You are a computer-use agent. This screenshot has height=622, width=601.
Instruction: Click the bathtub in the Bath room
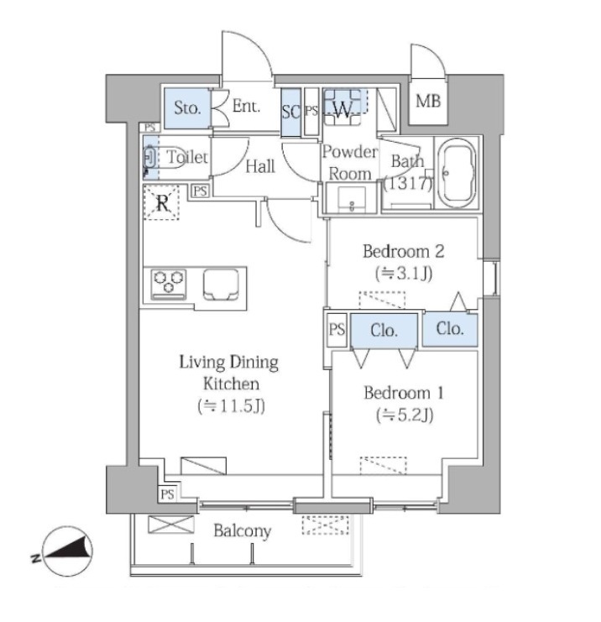point(458,174)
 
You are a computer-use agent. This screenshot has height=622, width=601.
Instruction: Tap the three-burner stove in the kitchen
point(169,284)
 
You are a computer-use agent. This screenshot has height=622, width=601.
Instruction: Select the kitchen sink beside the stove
point(222,284)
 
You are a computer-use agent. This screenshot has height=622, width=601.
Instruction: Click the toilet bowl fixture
point(164,158)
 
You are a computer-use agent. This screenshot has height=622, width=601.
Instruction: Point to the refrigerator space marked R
point(161,202)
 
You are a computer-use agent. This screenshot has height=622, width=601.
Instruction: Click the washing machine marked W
point(342,107)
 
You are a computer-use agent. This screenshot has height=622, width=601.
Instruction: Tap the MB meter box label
point(428,102)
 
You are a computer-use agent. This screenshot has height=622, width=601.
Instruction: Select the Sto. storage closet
point(187,108)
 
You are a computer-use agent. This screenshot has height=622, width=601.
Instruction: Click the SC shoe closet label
point(290,112)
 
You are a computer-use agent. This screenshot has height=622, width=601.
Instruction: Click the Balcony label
point(243,531)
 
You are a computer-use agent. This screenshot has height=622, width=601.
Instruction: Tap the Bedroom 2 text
point(403,252)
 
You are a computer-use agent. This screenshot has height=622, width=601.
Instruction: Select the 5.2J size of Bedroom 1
point(405,415)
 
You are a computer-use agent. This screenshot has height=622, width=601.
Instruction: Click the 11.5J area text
point(232,405)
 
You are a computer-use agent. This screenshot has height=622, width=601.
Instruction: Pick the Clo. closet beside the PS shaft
point(384,331)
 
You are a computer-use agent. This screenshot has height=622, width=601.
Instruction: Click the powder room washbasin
point(352,200)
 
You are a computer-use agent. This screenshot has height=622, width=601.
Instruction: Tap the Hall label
point(260,166)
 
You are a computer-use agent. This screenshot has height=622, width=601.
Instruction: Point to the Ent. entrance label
point(246,107)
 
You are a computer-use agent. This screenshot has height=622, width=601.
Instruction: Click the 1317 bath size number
point(408,183)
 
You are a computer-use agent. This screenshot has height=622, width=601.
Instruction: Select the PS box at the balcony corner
point(167,494)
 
